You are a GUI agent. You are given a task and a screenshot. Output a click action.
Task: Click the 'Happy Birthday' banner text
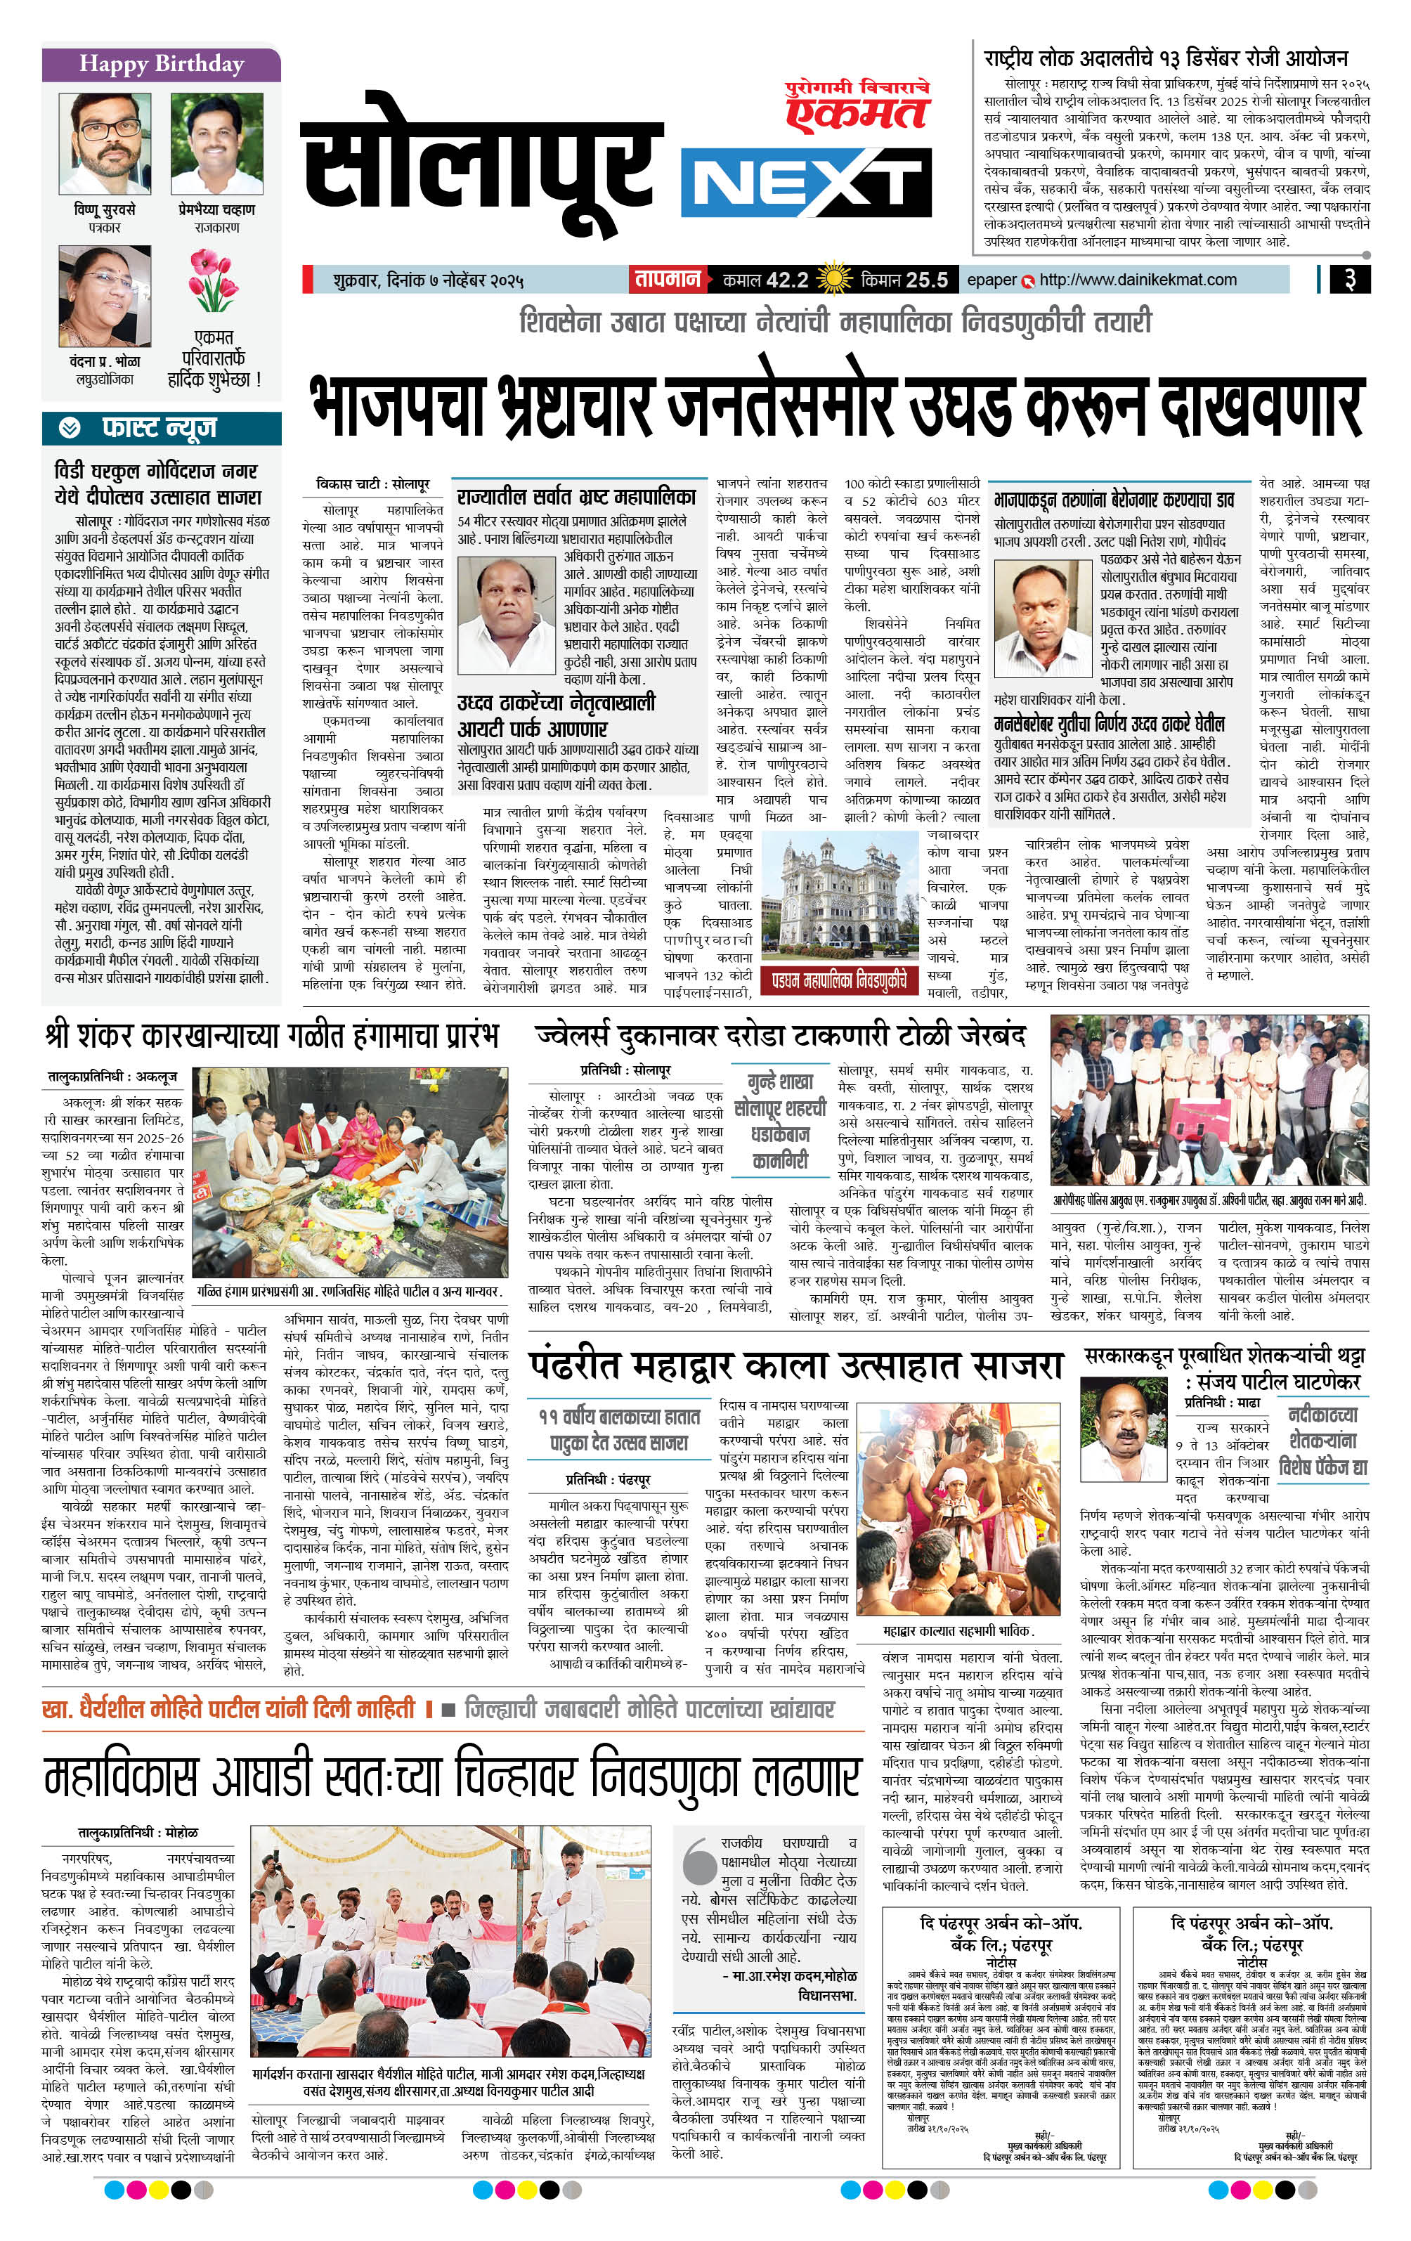161,64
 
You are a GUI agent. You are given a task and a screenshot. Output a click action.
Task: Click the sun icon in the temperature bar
833,279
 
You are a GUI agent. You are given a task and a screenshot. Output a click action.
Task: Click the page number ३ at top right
1348,279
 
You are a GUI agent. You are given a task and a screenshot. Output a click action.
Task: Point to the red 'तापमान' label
668,279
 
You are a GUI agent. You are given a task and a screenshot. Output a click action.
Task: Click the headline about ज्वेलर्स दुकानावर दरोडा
780,1035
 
